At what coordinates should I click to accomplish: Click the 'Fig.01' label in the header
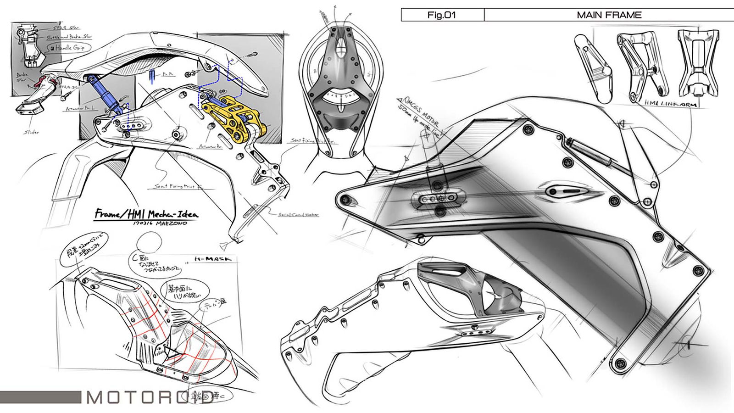coord(441,15)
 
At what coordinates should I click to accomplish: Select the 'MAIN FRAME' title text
coord(609,15)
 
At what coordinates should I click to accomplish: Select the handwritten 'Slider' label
coord(32,132)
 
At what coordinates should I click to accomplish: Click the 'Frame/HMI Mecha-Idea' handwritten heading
coord(146,214)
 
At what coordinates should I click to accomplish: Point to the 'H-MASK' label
coord(211,259)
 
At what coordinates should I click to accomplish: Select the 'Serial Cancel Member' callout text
coord(298,214)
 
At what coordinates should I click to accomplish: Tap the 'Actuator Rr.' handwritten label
coord(209,146)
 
